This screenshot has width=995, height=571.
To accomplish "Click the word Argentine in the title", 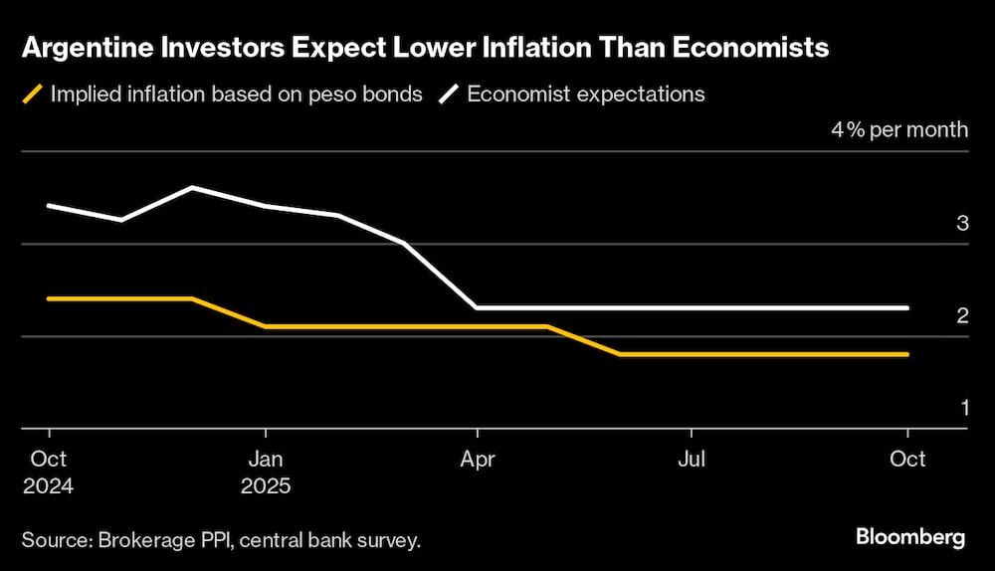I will [x=85, y=48].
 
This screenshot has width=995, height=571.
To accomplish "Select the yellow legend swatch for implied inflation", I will [x=33, y=95].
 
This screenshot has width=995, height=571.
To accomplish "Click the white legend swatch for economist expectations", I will [x=450, y=95].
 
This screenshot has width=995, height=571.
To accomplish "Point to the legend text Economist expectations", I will [x=585, y=95].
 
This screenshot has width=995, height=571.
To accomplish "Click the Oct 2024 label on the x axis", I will [x=48, y=473].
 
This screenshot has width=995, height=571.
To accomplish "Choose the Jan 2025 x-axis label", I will [x=265, y=473].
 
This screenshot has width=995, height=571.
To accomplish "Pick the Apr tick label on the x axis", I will [x=478, y=459].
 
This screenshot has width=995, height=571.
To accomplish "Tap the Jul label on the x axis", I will [x=692, y=459].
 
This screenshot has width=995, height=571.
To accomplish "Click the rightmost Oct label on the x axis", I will [x=906, y=459].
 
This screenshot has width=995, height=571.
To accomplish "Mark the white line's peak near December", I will [x=192, y=187].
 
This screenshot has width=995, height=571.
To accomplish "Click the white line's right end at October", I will [x=906, y=307].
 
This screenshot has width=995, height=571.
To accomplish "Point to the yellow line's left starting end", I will [x=48, y=298].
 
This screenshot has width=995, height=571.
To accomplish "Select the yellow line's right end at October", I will [x=906, y=354].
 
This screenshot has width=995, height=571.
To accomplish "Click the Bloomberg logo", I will [x=909, y=537].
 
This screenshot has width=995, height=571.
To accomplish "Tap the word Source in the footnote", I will [x=55, y=540].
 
